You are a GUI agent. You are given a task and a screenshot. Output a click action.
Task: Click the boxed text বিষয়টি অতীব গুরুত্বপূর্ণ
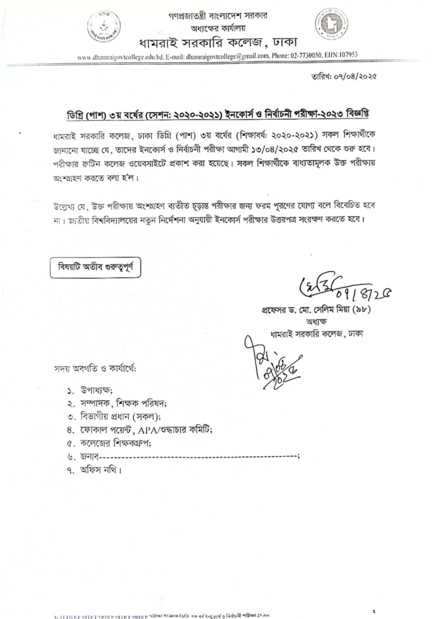click(x=95, y=267)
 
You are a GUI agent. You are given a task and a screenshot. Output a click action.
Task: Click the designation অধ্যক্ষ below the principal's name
click(x=316, y=321)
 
